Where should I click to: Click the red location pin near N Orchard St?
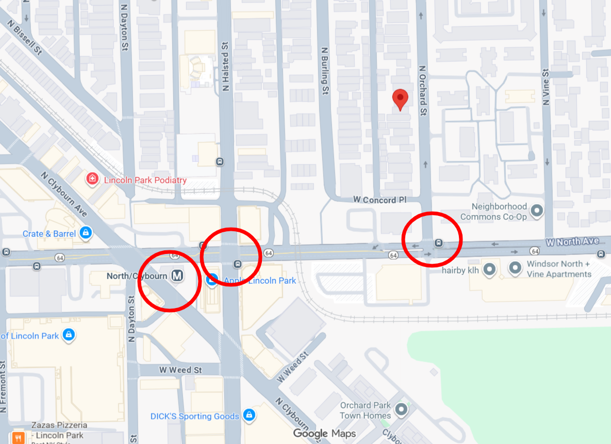pos(400,98)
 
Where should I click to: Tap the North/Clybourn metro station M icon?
pos(178,276)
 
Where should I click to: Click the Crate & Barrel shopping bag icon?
pos(86,233)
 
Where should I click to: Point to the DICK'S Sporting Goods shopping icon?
pos(249,415)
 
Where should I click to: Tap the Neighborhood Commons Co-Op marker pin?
pos(537,210)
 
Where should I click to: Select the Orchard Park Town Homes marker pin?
pos(401,410)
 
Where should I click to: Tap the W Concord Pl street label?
pos(374,200)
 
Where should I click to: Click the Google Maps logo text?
pos(324,434)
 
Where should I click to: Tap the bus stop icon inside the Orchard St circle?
pos(438,243)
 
